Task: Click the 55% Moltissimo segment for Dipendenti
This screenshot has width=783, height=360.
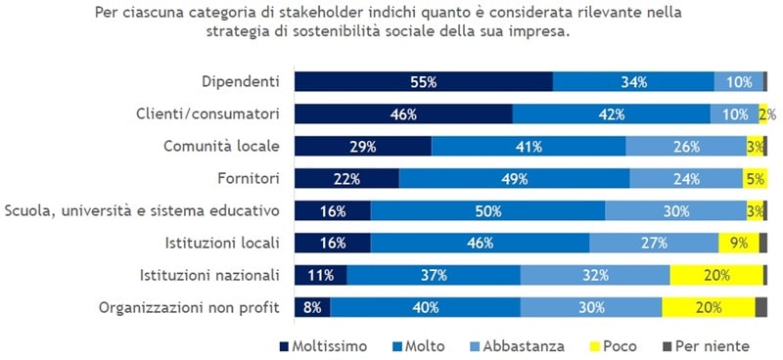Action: click(x=423, y=82)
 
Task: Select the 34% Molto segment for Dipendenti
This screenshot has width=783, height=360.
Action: click(x=633, y=82)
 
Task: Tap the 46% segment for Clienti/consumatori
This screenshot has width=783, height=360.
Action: click(x=403, y=114)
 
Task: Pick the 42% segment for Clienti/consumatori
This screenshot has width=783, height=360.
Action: click(x=612, y=114)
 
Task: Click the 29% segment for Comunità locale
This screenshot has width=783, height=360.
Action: click(x=363, y=147)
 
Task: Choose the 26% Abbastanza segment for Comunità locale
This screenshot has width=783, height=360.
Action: click(x=686, y=147)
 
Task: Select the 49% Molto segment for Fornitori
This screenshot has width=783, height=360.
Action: click(x=514, y=179)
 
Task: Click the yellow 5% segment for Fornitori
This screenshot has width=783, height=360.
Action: click(x=754, y=179)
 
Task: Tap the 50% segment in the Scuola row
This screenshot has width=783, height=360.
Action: click(x=487, y=211)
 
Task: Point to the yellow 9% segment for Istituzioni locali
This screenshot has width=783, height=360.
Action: click(x=738, y=244)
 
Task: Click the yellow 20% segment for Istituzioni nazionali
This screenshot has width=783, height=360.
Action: click(x=715, y=276)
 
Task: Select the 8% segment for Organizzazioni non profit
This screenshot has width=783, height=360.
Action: click(x=313, y=308)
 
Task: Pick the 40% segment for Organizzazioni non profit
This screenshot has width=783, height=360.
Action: click(x=426, y=308)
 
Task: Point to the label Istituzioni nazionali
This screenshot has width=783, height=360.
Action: click(x=212, y=276)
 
